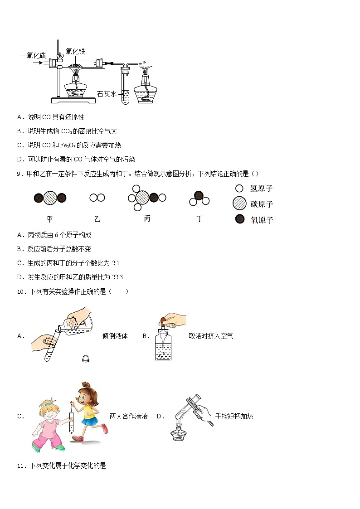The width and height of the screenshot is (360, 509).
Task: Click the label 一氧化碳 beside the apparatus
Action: coord(33,55)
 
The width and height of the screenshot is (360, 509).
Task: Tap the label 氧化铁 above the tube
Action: coord(75,51)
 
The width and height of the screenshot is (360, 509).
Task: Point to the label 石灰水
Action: coord(107,94)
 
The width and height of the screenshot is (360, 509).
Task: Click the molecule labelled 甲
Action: coord(50,198)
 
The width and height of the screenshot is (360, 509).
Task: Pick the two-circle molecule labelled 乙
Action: coord(97,198)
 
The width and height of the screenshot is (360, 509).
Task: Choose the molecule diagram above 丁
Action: coord(199,199)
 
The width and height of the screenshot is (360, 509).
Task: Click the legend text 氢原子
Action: coord(261,188)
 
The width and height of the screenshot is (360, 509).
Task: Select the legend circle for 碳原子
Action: coord(239,204)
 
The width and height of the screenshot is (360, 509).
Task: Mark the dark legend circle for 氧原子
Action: coord(239,220)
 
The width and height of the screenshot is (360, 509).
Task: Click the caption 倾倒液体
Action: coord(115,336)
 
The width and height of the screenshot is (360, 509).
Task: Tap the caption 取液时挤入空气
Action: coord(211,336)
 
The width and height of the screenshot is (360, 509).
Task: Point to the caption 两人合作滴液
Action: coord(129,416)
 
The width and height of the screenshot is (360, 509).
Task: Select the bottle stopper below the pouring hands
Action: coord(85,359)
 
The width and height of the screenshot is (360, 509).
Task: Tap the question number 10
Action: coord(20,291)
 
